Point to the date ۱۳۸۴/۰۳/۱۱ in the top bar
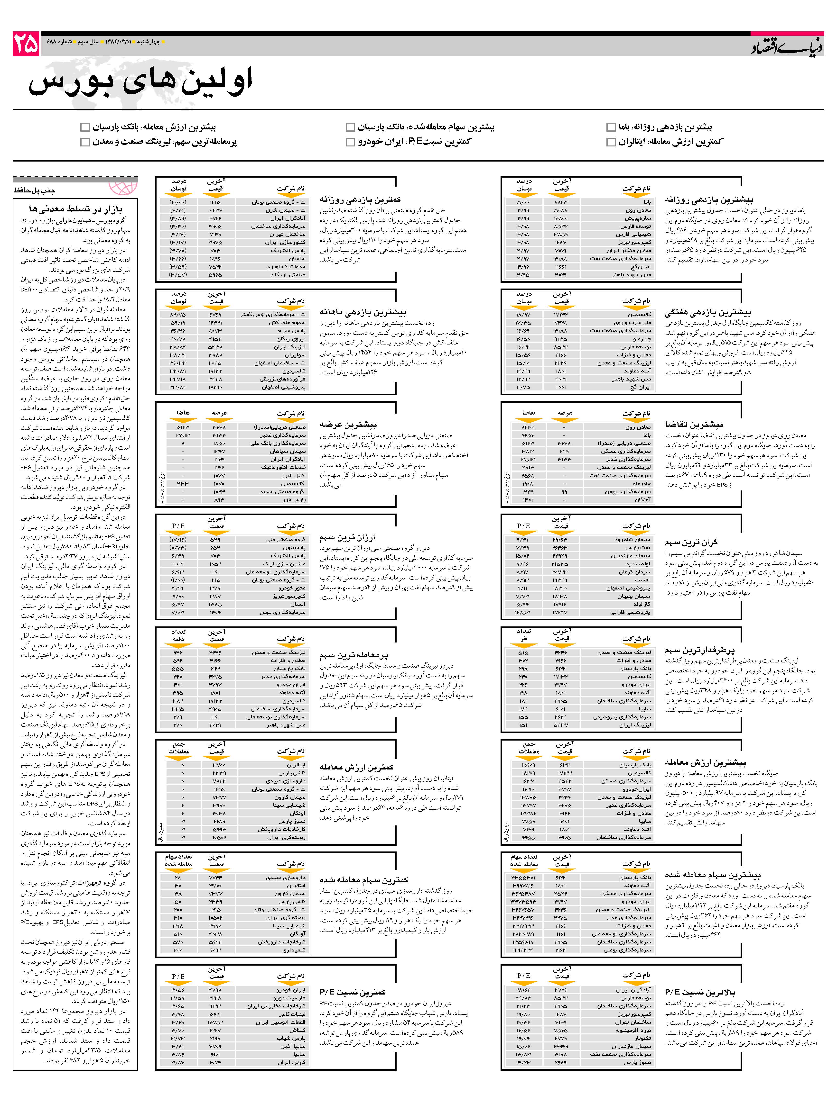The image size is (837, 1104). pos(118,41)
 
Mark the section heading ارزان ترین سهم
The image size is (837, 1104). pos(347,538)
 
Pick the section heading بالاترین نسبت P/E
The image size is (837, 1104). pos(700,992)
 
